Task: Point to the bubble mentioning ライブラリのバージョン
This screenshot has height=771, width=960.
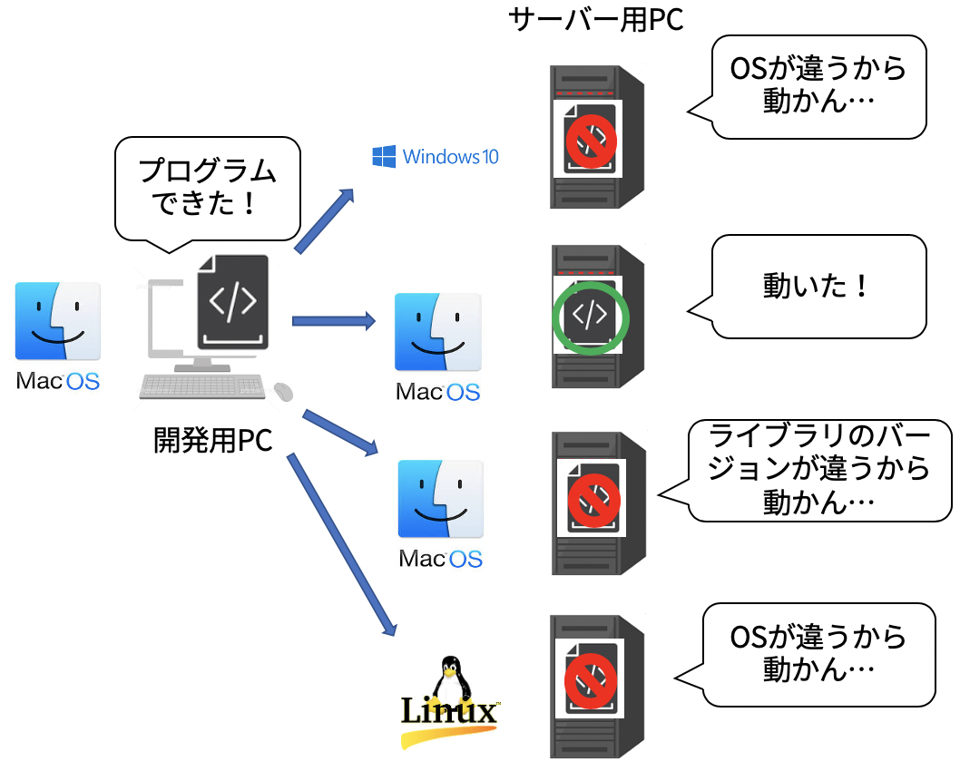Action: coord(810,470)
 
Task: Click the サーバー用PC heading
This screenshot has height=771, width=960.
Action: coord(596,20)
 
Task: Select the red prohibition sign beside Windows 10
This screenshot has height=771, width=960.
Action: coord(592,141)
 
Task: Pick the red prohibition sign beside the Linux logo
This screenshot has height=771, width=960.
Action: coord(591,679)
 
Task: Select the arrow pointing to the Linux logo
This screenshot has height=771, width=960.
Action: coord(343,543)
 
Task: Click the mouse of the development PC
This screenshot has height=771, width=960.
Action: coord(284,391)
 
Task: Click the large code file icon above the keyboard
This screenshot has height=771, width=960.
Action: coord(233,302)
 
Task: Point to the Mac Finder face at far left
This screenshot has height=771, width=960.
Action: coord(58,321)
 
